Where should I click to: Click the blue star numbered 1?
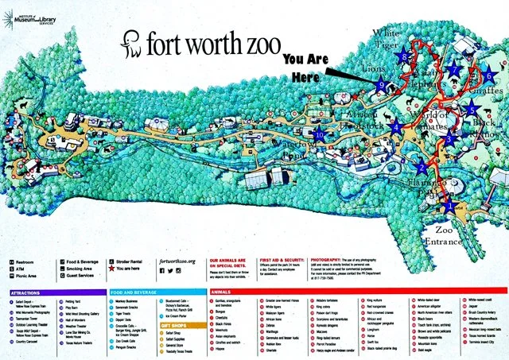(x=451, y=205)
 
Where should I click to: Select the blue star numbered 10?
(x=320, y=134)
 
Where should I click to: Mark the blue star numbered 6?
(x=488, y=75)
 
